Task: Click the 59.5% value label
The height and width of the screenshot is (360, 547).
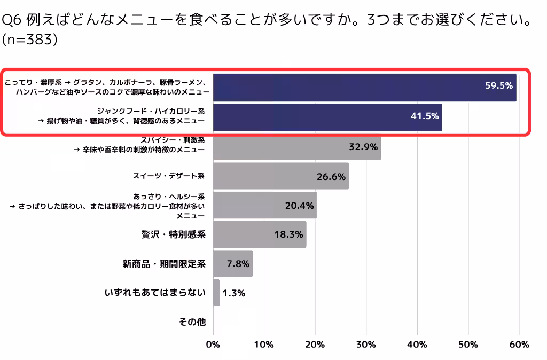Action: point(498,85)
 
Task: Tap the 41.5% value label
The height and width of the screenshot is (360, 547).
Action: point(425,115)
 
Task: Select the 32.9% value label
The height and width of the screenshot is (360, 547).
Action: point(363,146)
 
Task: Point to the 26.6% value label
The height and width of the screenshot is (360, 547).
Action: point(331,176)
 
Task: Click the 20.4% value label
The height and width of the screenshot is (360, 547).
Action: point(299,206)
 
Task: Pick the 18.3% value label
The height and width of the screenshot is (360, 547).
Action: point(288,234)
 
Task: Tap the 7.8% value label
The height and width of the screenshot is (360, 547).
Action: point(236,264)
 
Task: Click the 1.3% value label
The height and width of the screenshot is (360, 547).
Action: point(233,293)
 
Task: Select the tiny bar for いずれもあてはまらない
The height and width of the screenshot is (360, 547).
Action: point(216,293)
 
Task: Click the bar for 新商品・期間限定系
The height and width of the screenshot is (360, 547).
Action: point(233,264)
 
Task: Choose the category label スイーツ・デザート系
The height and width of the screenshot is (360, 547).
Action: point(169,176)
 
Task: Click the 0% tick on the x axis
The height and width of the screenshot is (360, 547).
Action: point(213,345)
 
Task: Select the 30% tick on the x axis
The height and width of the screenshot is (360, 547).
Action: point(366,345)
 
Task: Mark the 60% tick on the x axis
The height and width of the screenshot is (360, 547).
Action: point(519,345)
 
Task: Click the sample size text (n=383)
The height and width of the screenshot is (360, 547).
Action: point(30,40)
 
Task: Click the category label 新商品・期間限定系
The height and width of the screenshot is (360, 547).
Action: point(164,264)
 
